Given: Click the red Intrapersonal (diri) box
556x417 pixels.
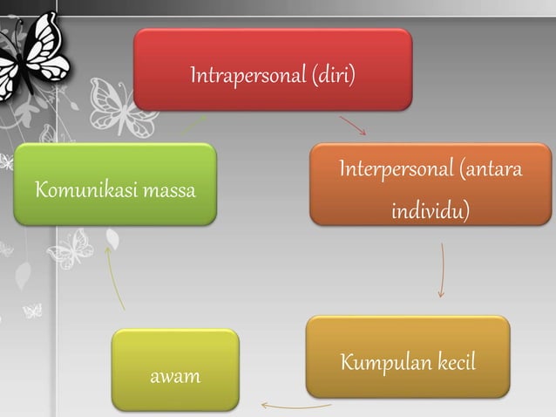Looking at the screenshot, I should (272, 70).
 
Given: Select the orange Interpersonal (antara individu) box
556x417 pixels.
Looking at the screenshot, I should (430, 184).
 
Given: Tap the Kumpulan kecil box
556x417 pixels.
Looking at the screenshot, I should (407, 356).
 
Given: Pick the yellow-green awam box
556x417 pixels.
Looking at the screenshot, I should (175, 369).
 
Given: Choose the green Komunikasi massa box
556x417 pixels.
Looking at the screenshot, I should (115, 184).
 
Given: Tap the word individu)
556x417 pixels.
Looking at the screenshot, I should (430, 211).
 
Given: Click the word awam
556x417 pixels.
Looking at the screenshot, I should (175, 378).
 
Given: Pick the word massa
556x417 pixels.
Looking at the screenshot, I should (170, 189).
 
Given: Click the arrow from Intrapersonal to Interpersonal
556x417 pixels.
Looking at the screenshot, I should (353, 126).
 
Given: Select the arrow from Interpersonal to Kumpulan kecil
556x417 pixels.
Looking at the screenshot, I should (442, 270).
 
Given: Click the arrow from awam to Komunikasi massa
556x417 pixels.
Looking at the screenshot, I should (113, 277).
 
